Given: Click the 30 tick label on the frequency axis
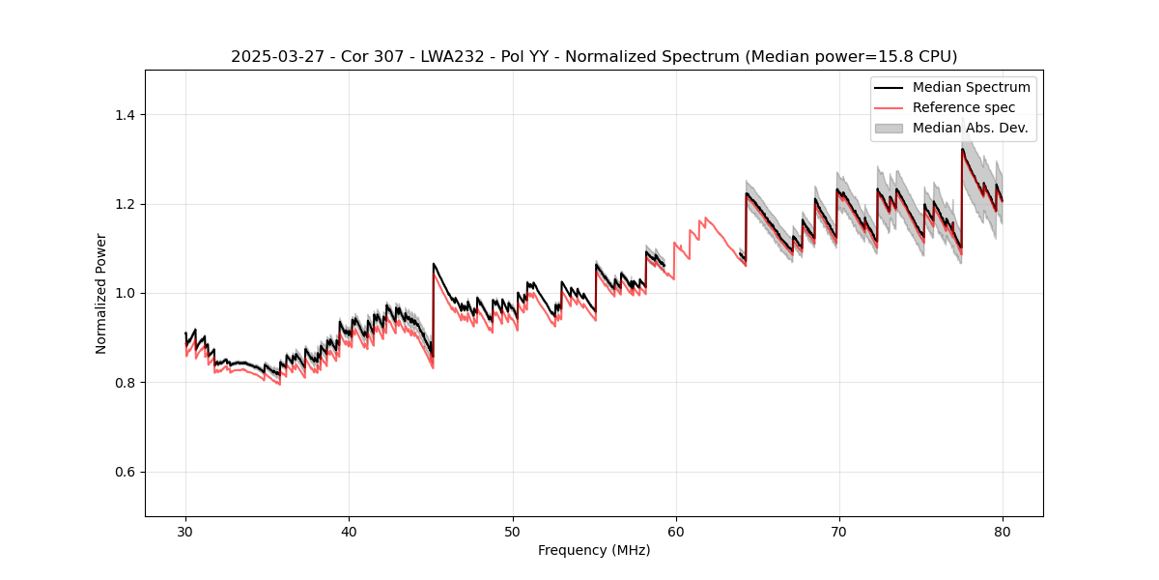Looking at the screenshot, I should tap(185, 532).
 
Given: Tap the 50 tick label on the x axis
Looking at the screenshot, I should tap(512, 532).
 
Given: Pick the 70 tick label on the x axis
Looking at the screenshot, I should tap(838, 532).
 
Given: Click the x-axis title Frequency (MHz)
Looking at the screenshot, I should tap(594, 550).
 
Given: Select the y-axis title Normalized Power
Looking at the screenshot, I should tap(101, 293).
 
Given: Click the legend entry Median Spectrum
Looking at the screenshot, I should tap(971, 87).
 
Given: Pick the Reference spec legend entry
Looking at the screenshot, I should tap(964, 107).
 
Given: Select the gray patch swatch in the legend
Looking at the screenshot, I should tap(889, 128).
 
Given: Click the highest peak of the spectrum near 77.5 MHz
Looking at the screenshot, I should tap(962, 149).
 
